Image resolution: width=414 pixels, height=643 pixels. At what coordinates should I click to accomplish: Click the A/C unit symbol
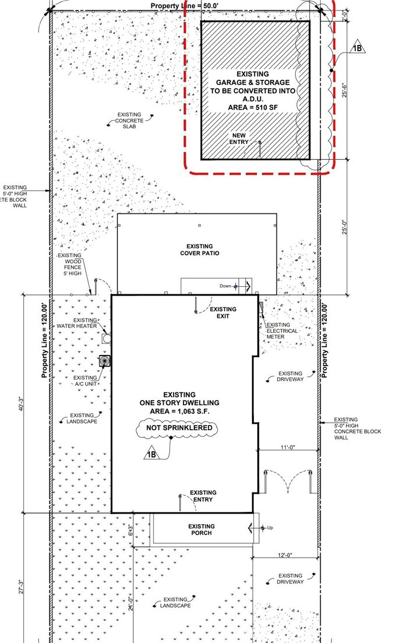[x=105, y=361]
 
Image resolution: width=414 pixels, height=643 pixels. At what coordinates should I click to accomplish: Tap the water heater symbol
[x=106, y=339]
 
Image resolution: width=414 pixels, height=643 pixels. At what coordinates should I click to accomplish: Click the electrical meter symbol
[x=261, y=308]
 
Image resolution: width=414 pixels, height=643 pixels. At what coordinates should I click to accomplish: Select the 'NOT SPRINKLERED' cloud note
[x=177, y=428]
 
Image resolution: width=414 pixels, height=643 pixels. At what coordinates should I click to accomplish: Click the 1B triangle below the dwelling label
[x=151, y=453]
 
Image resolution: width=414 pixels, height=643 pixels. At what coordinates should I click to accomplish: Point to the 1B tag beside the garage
[x=357, y=48]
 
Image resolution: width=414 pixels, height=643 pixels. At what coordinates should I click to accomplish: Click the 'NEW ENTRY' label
[x=239, y=139]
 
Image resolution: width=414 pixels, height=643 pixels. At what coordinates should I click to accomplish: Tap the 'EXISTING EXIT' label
[x=223, y=312]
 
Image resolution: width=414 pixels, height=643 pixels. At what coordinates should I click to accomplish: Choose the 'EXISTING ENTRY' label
[x=203, y=496]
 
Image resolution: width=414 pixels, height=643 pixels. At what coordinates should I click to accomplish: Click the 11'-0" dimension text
[x=288, y=447]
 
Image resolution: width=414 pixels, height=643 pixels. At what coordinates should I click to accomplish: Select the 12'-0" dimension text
[x=285, y=555]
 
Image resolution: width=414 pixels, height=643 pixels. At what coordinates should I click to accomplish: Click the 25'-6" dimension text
[x=345, y=90]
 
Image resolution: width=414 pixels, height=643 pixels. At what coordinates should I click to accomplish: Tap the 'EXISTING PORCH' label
[x=201, y=529]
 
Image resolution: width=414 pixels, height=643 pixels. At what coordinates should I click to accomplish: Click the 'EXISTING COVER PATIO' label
[x=199, y=250]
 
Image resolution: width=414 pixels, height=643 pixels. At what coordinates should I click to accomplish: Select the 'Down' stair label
[x=225, y=286]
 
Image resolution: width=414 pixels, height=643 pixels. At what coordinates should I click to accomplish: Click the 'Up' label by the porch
[x=270, y=528]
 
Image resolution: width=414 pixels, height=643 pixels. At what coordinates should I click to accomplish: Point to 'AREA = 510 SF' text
[x=253, y=107]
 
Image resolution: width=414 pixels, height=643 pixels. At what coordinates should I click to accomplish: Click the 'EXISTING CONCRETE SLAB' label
[x=129, y=121]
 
